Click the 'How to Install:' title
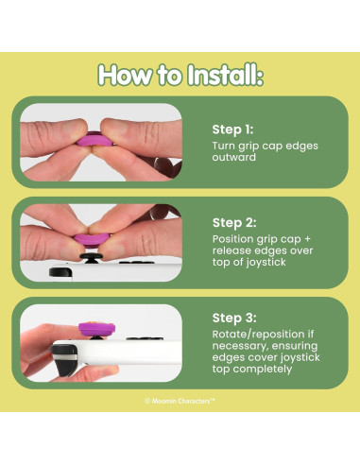(x=180, y=75)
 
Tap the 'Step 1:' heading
(x=232, y=129)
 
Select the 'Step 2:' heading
(x=234, y=223)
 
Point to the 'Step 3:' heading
(x=234, y=318)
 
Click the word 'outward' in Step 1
(x=233, y=157)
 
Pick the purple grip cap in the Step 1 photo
(x=94, y=140)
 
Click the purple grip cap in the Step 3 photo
(x=96, y=329)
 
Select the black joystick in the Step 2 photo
(x=91, y=258)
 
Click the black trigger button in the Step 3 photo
(x=64, y=359)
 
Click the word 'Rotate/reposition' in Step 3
(x=263, y=335)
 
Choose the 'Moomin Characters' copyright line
(x=180, y=401)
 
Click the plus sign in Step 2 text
(x=307, y=239)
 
